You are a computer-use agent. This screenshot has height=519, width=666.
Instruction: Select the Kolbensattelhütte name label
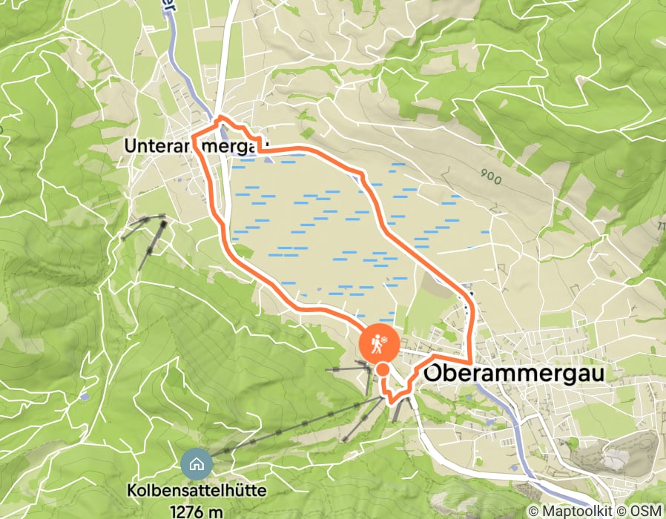(197, 491)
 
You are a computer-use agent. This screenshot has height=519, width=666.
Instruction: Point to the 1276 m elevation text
(197, 510)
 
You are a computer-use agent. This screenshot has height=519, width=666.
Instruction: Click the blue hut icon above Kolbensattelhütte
(197, 465)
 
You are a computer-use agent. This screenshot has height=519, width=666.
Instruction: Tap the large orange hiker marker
(379, 343)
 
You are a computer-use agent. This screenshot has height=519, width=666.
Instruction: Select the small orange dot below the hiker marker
(383, 369)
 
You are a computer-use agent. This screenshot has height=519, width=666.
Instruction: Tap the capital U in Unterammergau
(130, 147)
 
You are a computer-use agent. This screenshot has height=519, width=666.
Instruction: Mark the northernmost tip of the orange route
(221, 117)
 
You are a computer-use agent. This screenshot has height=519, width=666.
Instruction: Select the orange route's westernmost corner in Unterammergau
(194, 136)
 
